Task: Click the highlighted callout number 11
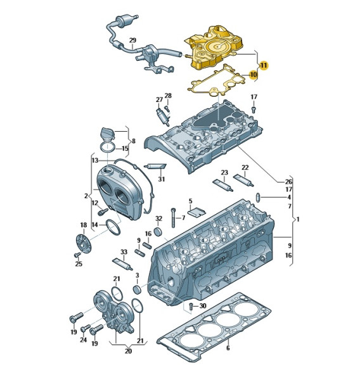264,65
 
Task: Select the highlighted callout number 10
253,75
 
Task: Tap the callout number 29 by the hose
132,41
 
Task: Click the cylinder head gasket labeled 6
214,326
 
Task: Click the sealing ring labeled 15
108,148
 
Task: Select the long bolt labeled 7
173,218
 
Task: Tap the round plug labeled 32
158,232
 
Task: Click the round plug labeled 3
138,289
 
